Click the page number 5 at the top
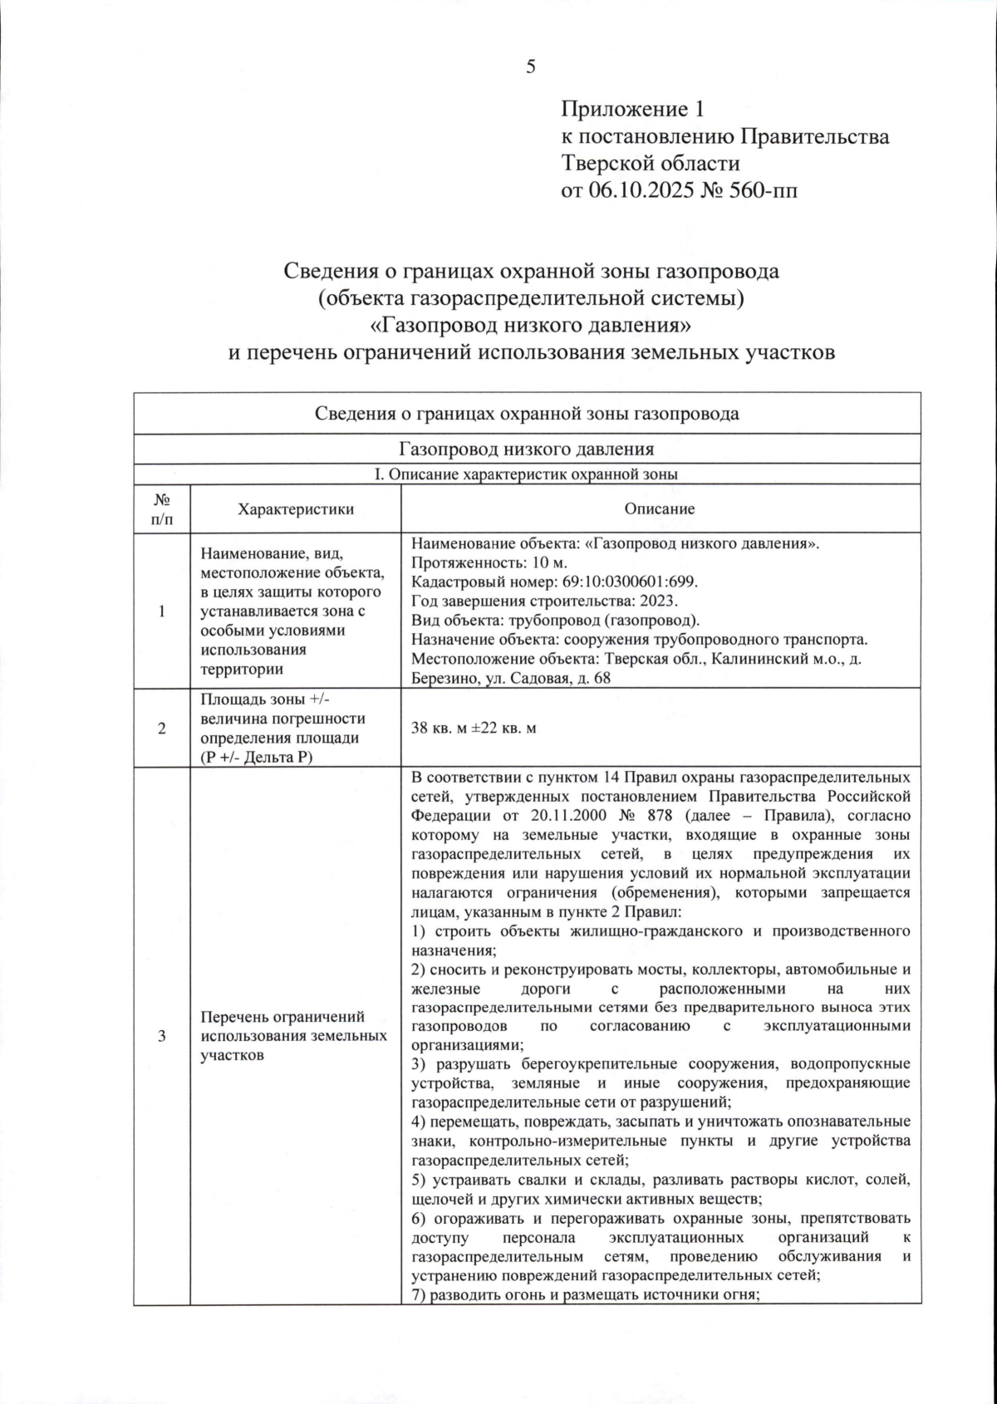click(531, 67)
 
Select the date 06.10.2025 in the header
click(640, 190)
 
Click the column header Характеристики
click(295, 509)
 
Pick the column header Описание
click(660, 509)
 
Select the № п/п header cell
click(162, 509)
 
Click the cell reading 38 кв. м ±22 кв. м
click(474, 728)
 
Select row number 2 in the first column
click(162, 728)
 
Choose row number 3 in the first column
click(162, 1035)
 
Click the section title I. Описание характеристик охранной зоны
click(527, 475)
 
